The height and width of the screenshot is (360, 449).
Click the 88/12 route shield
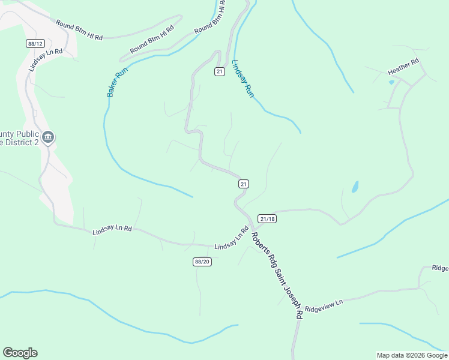35,43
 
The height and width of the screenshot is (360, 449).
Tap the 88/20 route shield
202,262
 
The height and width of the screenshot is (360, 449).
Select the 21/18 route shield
267,219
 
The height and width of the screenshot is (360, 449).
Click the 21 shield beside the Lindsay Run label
219,71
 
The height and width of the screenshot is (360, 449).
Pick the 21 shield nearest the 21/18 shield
243,184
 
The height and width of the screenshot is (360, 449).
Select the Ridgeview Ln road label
323,305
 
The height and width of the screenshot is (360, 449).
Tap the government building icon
49,138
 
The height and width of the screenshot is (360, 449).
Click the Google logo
20,353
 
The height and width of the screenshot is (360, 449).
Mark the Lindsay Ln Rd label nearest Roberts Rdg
231,239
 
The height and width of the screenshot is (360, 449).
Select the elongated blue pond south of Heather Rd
355,187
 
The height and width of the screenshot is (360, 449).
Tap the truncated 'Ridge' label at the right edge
440,268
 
